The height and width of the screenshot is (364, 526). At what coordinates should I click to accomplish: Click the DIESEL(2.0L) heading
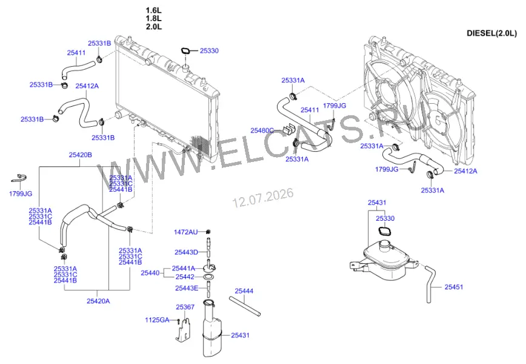pos(491,33)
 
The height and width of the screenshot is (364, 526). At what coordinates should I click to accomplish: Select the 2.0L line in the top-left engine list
pos(154,27)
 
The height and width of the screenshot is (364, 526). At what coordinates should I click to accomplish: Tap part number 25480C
pos(262,130)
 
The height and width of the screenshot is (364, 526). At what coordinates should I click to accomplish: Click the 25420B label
pos(80,155)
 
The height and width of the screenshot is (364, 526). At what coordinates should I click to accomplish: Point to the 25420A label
pos(98,301)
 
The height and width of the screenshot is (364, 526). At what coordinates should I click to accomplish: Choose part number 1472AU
pos(185,232)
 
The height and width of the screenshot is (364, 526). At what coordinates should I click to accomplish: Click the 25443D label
pos(186,252)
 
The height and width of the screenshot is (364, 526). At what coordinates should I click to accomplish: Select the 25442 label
pos(185,277)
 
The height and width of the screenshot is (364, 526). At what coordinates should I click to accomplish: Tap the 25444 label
pos(244,291)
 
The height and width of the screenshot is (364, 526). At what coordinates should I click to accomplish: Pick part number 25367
pos(185,307)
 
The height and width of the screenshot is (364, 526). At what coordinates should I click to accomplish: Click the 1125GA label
pos(157,320)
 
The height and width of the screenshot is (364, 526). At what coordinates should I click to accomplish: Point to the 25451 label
pos(453,287)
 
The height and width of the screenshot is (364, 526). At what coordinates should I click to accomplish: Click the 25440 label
pos(150,273)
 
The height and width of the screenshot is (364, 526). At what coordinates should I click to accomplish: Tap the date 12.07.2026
pos(264,198)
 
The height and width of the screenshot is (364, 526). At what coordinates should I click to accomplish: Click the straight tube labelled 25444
pos(245,306)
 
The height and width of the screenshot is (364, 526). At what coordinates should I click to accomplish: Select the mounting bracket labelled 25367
pos(183,330)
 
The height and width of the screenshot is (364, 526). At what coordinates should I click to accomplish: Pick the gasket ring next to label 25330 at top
pos(185,52)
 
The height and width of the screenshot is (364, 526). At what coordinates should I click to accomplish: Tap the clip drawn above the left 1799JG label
pos(19,178)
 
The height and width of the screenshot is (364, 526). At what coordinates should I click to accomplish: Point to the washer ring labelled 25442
pos(209,277)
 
